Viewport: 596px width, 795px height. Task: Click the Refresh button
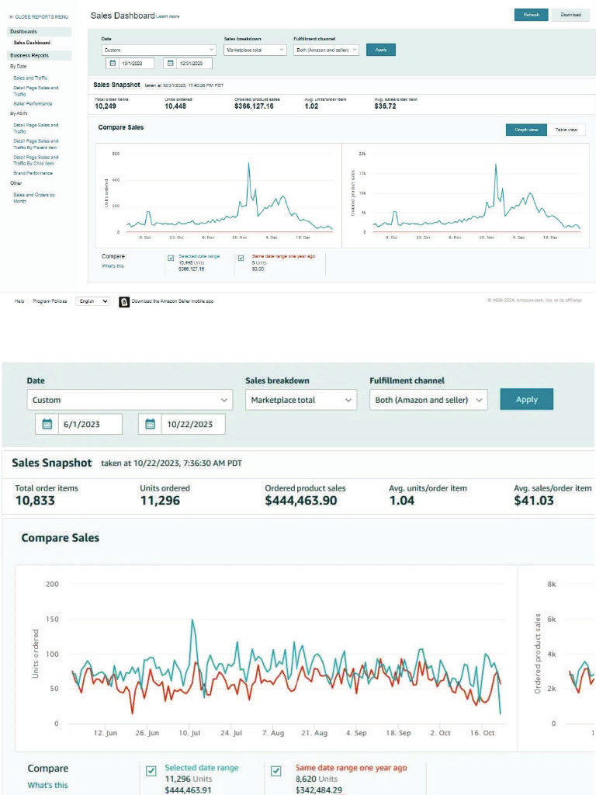coord(531,15)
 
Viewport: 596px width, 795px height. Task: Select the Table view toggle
coord(566,130)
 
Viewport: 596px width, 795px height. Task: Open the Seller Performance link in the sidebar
coord(33,103)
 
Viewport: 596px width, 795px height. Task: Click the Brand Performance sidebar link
coord(33,173)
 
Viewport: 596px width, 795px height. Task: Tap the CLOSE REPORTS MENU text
coord(39,16)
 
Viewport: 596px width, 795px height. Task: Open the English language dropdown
coord(92,301)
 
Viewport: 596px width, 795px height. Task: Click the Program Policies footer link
coord(50,301)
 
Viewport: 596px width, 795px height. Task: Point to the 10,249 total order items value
coord(106,106)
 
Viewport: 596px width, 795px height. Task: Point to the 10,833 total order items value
coord(35,501)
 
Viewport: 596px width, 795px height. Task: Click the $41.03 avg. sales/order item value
coord(534,501)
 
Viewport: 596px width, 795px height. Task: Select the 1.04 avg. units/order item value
coord(402,501)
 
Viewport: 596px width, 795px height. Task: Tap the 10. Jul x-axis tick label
coord(189,733)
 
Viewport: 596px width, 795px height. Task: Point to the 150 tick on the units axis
coord(53,619)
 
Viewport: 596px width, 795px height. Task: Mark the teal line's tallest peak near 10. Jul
coord(192,620)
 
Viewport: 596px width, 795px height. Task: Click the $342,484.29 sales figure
coord(321,790)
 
